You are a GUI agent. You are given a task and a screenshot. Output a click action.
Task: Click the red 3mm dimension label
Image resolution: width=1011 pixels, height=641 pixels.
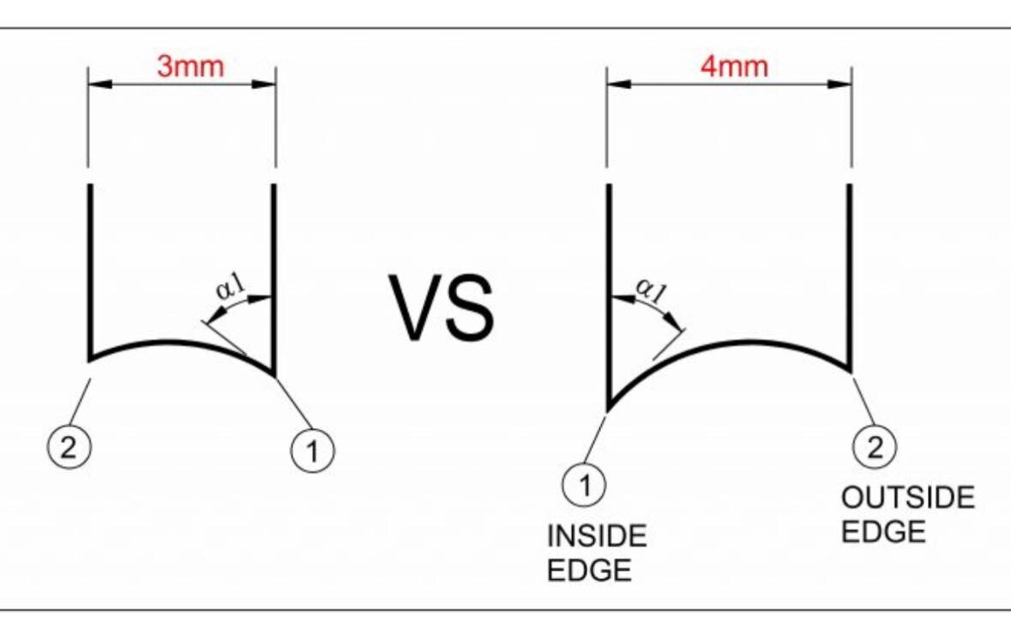coord(190,66)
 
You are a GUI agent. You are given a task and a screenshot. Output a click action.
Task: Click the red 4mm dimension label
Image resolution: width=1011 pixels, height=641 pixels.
coord(734,66)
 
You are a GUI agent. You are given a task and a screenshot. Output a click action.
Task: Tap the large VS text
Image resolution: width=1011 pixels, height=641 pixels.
coord(442,308)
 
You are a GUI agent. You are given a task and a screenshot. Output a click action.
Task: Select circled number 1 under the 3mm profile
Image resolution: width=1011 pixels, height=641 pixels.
coord(313,451)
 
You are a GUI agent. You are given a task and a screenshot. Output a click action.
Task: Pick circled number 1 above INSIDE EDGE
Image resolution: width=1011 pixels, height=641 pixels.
coord(584,484)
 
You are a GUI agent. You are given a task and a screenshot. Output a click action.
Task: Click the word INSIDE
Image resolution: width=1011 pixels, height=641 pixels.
coord(597,536)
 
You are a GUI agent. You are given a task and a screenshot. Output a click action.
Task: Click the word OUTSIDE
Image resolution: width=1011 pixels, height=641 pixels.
coord(908,499)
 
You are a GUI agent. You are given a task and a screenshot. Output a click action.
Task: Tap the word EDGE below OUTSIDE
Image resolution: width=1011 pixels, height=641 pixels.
coord(883,532)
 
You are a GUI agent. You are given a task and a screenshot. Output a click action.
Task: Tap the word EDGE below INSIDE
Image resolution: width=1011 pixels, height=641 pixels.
coord(589,571)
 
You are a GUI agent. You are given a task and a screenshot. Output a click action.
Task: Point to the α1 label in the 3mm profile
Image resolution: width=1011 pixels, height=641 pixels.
coord(231,286)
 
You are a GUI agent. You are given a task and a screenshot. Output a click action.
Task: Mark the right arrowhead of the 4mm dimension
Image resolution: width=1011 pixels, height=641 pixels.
coord(839,84)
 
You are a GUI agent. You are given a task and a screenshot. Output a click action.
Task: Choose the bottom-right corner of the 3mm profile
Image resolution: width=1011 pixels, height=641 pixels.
coord(274,373)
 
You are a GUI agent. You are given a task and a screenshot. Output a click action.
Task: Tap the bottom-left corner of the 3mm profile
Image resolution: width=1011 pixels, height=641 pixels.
coord(90,359)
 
